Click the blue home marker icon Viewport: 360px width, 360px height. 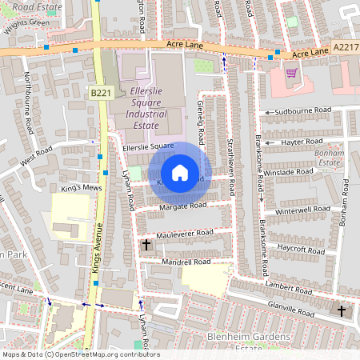[x=180, y=173]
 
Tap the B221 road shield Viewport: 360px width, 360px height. [x=100, y=94]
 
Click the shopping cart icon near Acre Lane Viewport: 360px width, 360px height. [x=291, y=73]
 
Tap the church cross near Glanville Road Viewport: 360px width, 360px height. [x=342, y=310]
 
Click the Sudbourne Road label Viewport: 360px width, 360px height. [x=302, y=110]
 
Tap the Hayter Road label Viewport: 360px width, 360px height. [x=302, y=142]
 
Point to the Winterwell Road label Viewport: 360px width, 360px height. [x=302, y=210]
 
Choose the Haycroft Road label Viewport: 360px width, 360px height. [x=301, y=248]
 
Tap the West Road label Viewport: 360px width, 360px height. [x=37, y=155]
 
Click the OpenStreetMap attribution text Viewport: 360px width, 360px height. [x=80, y=354]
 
